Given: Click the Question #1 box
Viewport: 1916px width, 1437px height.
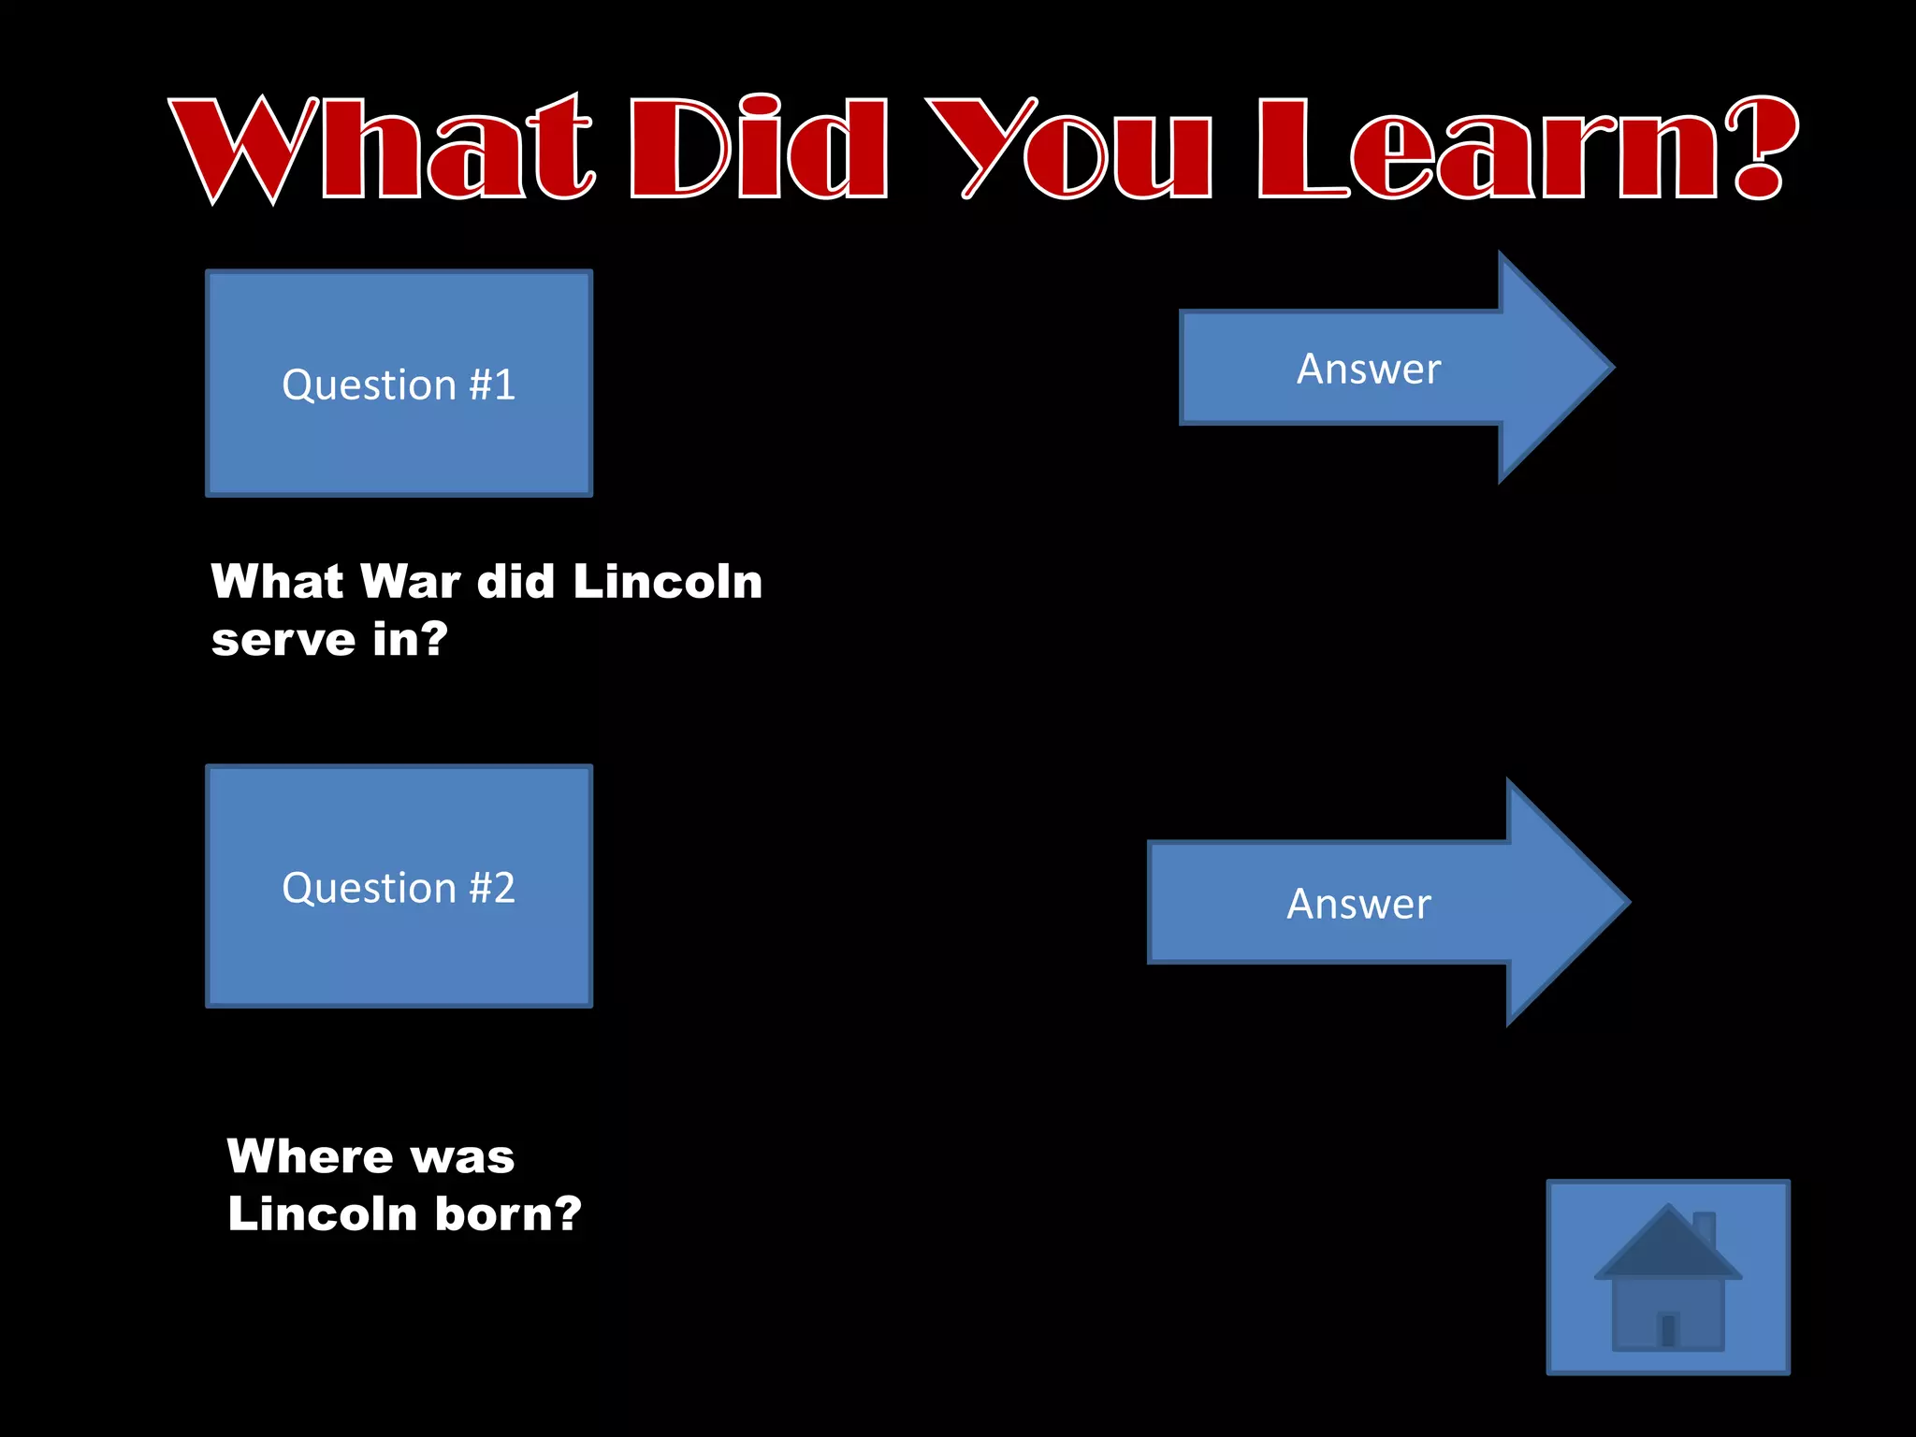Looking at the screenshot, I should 399,384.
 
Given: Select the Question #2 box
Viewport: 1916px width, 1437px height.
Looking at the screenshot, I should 399,886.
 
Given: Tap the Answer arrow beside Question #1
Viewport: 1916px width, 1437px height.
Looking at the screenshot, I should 1385,368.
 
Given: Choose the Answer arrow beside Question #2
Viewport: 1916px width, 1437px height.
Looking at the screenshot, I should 1375,903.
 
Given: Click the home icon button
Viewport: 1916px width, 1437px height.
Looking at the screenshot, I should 1668,1277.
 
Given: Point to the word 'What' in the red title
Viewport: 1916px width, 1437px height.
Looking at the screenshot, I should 382,150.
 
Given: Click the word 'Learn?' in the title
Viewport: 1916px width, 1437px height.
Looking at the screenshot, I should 1525,150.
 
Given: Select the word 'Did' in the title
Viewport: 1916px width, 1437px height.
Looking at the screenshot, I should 759,150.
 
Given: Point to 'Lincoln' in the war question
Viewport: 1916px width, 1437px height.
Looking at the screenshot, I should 667,582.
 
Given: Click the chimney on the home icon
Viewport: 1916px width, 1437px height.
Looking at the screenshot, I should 1705,1228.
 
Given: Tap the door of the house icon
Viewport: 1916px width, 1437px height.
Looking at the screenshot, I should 1667,1328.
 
